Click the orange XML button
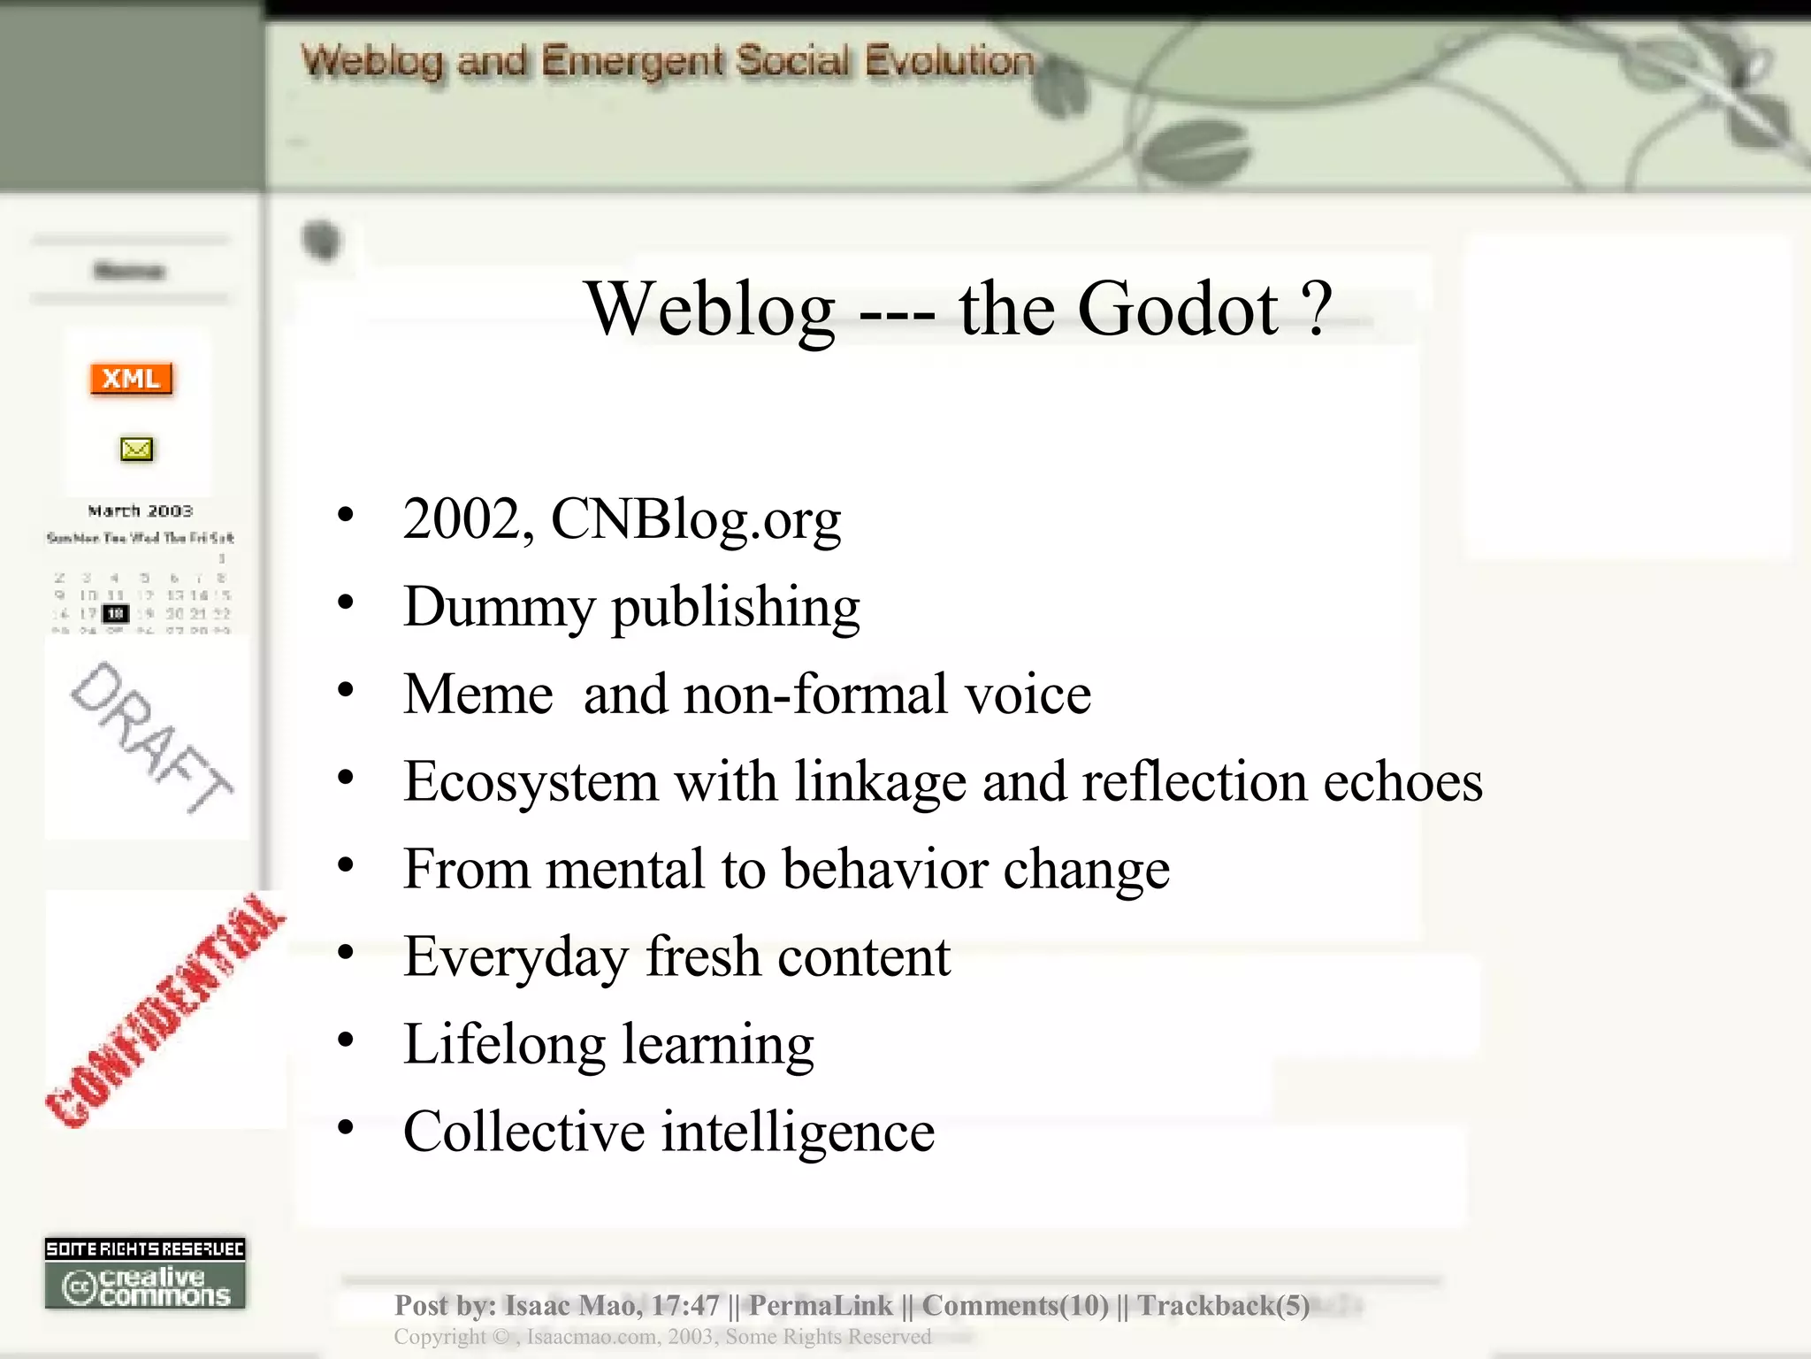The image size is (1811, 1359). click(x=131, y=379)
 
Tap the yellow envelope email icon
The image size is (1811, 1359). click(x=136, y=449)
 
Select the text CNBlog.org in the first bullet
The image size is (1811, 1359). click(x=696, y=518)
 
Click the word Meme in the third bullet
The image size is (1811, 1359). click(x=478, y=694)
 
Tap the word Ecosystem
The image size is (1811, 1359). click(x=531, y=782)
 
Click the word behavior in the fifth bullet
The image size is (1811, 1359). click(x=885, y=869)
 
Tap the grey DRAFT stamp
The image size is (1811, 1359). click(x=150, y=736)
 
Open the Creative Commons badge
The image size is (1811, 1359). click(x=145, y=1275)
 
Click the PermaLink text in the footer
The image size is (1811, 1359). click(x=821, y=1305)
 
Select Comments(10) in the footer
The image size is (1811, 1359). click(x=1015, y=1305)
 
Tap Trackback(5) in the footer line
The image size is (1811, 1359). click(x=1223, y=1305)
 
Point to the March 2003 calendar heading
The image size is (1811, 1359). click(x=140, y=511)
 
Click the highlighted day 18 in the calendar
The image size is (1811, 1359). click(x=116, y=613)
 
